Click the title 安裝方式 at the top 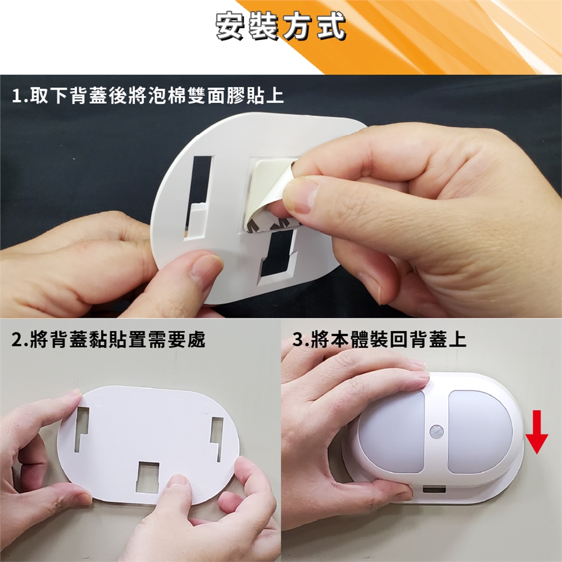[280, 26]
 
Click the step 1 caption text [148, 96]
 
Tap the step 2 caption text [108, 339]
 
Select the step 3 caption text [379, 339]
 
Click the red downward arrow [537, 432]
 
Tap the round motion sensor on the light [436, 430]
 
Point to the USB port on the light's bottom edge [434, 488]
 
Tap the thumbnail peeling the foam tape [301, 197]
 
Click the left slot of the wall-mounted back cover [81, 429]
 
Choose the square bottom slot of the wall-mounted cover [149, 475]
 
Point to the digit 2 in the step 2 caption [16, 339]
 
